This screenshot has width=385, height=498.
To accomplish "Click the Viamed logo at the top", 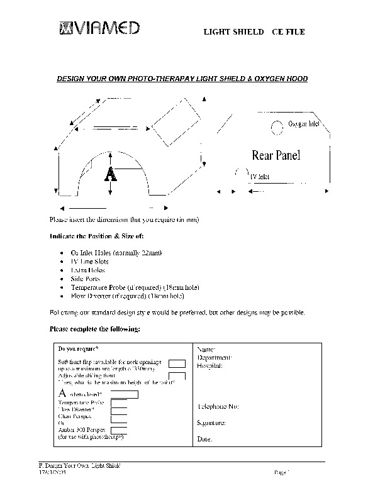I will click(x=100, y=28).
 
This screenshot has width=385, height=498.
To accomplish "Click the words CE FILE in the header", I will click(x=288, y=31).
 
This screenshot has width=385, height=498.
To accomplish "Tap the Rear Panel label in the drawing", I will click(x=276, y=155).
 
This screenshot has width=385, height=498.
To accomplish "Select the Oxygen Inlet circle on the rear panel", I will click(x=277, y=128).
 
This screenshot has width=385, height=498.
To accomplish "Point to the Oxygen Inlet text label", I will click(x=304, y=124).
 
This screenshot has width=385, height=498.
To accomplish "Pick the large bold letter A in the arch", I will click(x=111, y=174).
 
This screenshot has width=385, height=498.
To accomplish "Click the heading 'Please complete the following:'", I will click(x=94, y=329).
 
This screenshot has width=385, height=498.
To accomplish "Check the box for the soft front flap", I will click(x=177, y=363).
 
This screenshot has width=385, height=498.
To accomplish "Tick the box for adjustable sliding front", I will click(x=177, y=376).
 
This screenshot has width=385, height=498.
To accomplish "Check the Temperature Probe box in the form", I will click(x=119, y=402).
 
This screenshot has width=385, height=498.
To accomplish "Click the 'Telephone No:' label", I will click(x=218, y=407).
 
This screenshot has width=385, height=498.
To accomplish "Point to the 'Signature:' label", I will click(x=211, y=423).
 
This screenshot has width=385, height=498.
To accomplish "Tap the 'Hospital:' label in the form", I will click(x=209, y=365).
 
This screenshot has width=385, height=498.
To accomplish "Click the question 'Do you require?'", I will click(x=79, y=348).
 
